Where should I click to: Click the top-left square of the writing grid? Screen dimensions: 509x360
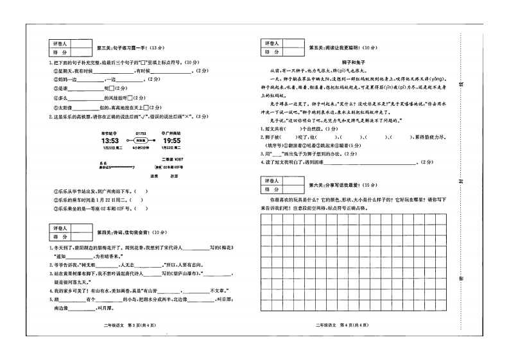coord(265,218)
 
